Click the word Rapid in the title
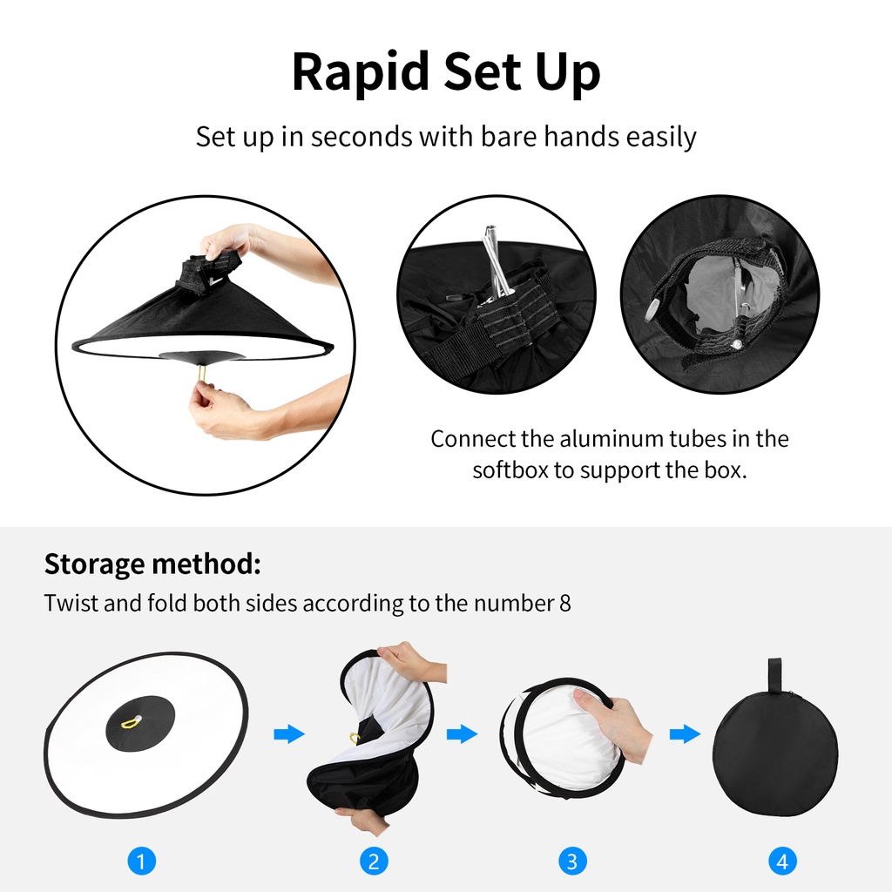pos(361,72)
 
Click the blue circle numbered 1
pos(142,861)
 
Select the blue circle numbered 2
pos(374,861)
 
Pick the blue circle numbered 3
pos(572,861)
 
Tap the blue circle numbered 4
pos(782,861)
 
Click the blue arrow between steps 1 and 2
pos(289,733)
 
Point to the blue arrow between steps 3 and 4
pos(685,733)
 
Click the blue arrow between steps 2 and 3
pos(462,733)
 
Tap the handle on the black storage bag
pos(774,676)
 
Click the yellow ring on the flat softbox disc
pos(132,721)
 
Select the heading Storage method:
pos(152,564)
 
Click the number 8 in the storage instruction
pos(564,604)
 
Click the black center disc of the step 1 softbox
pos(140,723)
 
